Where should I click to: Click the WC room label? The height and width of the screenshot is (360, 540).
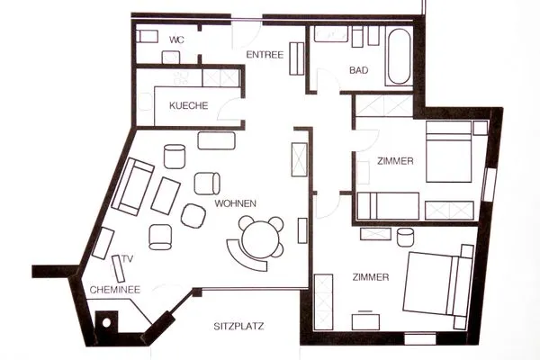point(176,40)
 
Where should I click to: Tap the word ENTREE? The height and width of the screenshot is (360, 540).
point(265,55)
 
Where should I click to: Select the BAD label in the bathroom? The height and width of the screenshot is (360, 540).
point(358,70)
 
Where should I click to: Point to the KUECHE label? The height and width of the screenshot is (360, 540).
point(189,105)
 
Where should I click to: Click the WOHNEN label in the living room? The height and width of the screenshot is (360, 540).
point(236,203)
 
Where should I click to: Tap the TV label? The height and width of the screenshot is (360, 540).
point(128,258)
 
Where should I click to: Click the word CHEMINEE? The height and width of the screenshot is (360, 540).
point(115,290)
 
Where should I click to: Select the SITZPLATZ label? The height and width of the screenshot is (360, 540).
point(239,326)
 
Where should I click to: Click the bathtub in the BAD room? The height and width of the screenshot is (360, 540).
point(400,57)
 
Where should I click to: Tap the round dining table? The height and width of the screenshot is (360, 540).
point(260,239)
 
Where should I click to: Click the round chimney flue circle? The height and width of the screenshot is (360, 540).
point(106,323)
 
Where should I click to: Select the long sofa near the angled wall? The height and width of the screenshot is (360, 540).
point(132,186)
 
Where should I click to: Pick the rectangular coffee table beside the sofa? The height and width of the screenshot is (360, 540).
point(166,196)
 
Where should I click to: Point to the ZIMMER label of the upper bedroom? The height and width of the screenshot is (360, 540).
point(395,161)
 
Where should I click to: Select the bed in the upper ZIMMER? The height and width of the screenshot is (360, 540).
point(448,151)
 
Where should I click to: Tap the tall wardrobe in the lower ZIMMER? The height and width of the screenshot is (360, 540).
point(324,301)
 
